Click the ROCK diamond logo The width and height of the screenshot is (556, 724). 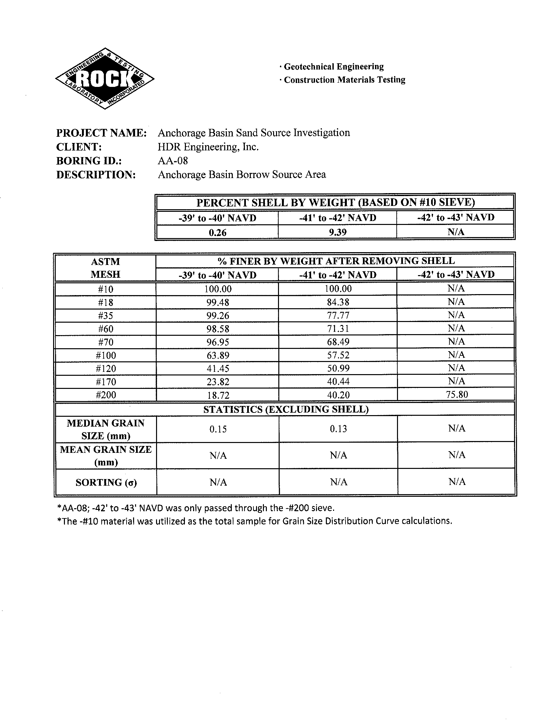point(104,78)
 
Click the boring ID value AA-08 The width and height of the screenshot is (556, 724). point(173,161)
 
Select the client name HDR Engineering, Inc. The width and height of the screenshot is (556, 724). point(208,147)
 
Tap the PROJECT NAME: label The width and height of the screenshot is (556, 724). point(101,133)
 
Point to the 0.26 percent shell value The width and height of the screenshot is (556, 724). point(217,232)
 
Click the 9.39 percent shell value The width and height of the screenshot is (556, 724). point(338,232)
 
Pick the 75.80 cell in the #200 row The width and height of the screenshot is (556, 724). point(456,394)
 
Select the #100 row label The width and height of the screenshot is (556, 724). point(106,355)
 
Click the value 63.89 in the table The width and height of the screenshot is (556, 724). point(218,355)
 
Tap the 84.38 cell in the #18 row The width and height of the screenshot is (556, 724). point(338,302)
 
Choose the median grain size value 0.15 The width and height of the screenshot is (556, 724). point(218,429)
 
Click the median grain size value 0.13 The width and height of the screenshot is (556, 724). point(338,429)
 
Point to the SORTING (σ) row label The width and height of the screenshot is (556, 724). point(106,482)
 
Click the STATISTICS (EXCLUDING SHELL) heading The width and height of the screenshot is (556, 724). point(286,410)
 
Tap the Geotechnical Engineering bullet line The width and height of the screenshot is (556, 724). point(332,67)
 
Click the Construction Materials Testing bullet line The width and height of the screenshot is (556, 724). point(343,80)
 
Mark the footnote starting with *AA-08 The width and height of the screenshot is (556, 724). point(196,508)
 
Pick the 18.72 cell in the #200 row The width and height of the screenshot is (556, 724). point(218,395)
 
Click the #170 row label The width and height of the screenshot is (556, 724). point(106,382)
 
